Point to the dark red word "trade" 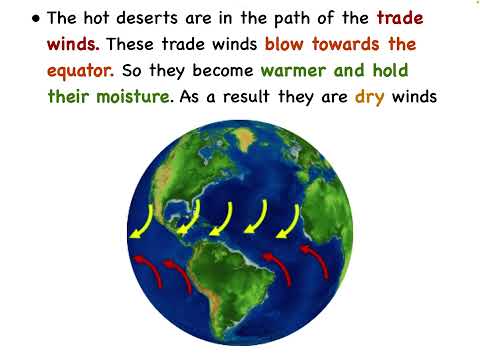pyautogui.click(x=400, y=19)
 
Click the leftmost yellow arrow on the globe pyautogui.click(x=143, y=222)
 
